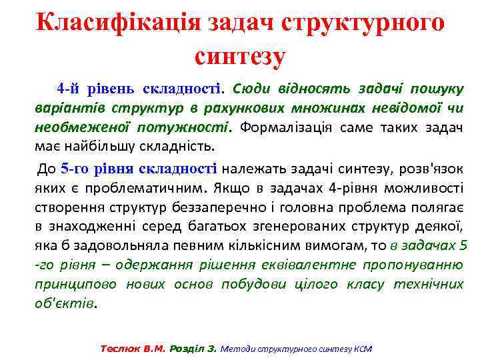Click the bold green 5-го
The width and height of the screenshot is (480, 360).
click(x=74, y=169)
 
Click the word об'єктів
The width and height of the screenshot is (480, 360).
click(x=65, y=303)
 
